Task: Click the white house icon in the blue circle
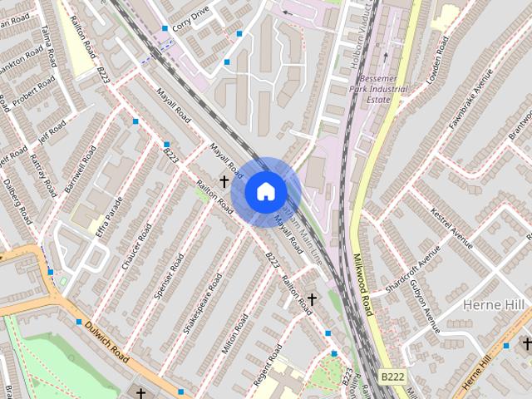pyautogui.click(x=265, y=191)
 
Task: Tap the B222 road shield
pyautogui.click(x=392, y=377)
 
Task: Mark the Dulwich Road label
pyautogui.click(x=107, y=341)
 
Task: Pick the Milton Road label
pyautogui.click(x=235, y=332)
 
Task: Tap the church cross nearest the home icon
pyautogui.click(x=224, y=180)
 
